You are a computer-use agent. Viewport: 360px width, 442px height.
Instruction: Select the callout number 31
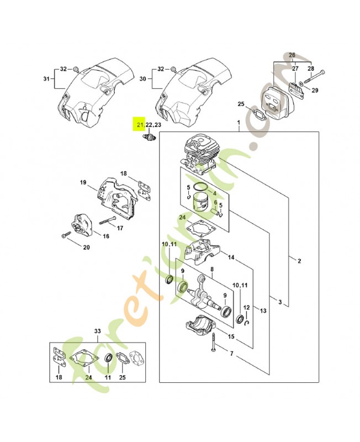coord(46,79)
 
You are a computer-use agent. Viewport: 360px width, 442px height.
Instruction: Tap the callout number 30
coord(144,79)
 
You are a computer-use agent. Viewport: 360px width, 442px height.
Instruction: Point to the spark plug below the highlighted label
coord(149,138)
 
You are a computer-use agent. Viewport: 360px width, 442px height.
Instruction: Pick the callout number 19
coord(83,183)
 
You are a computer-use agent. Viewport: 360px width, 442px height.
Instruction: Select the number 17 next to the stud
coord(120,228)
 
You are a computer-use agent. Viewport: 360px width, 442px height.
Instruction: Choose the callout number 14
coord(231,257)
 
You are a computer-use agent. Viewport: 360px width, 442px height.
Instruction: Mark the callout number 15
coord(231,336)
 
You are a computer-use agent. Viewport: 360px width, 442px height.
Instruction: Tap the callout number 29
coord(315,90)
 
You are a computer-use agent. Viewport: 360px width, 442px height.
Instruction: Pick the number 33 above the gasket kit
coord(97,331)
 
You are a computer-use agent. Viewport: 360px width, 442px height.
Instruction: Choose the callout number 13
coord(263,311)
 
